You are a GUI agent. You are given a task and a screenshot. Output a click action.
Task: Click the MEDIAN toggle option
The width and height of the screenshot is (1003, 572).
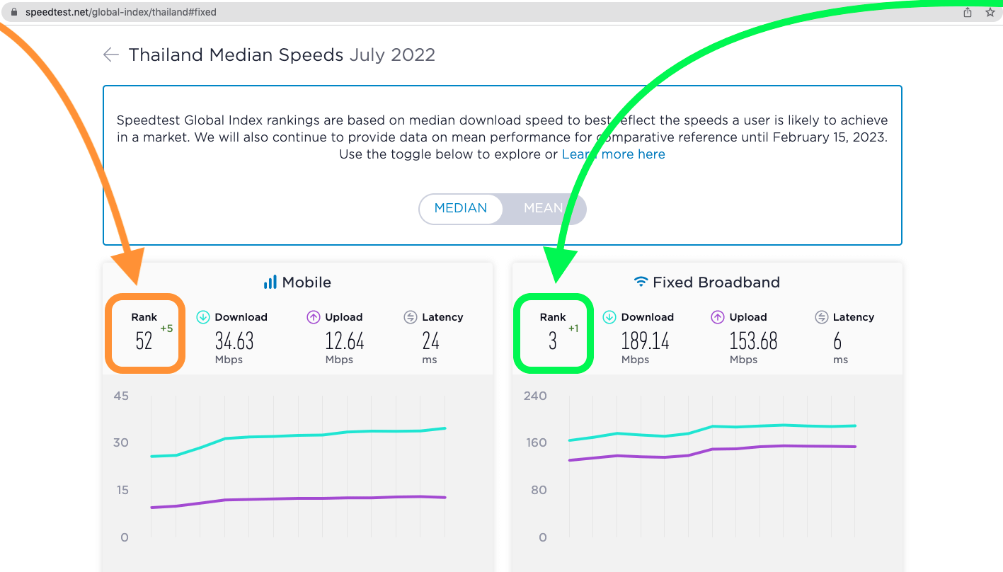(x=461, y=208)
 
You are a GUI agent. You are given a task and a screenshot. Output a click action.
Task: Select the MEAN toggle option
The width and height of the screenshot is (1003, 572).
(x=543, y=208)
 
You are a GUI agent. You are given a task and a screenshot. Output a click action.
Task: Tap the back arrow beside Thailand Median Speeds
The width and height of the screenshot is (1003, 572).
(x=111, y=55)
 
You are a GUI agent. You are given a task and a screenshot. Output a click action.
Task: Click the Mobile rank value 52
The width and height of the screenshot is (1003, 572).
(x=144, y=341)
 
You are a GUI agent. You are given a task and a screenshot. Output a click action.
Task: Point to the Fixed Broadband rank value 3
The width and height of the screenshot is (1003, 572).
(x=553, y=341)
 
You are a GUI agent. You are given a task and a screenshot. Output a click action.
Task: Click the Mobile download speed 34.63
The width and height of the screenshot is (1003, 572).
(x=234, y=341)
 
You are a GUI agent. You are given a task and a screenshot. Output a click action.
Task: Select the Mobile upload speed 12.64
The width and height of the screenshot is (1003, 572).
(x=345, y=341)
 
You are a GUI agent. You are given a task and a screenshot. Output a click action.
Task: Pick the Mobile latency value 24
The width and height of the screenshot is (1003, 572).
(x=431, y=341)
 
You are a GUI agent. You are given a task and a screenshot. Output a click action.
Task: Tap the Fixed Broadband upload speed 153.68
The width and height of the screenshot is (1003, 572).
(x=753, y=341)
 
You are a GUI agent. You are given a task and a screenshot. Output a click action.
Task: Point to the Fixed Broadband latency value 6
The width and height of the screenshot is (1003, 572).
(x=837, y=341)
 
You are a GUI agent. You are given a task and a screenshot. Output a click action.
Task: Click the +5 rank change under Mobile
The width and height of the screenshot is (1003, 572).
(x=166, y=328)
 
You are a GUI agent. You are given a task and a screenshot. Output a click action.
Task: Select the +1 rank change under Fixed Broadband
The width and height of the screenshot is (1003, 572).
(x=573, y=328)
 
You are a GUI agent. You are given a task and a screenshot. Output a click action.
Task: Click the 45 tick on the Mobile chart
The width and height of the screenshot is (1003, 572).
(x=121, y=396)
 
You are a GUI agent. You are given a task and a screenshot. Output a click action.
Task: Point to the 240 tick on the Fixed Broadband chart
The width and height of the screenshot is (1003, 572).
(x=535, y=396)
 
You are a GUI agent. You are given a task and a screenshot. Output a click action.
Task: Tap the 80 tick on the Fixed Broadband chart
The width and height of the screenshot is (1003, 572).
(x=539, y=490)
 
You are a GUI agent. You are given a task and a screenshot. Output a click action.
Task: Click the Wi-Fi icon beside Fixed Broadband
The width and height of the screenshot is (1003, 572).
(x=641, y=282)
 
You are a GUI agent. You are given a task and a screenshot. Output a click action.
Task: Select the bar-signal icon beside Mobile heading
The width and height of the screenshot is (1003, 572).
(x=270, y=282)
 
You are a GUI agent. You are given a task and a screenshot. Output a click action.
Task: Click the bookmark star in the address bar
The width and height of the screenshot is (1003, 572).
(x=990, y=12)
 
